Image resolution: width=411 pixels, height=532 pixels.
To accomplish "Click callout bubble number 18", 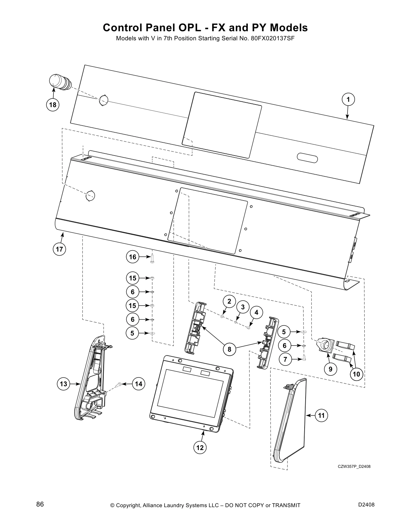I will tap(53, 105).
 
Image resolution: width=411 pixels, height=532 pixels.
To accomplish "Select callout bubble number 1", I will tap(348, 99).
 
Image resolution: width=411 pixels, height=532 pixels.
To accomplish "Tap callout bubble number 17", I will tap(59, 249).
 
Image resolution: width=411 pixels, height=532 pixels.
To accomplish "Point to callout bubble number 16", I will tap(133, 257).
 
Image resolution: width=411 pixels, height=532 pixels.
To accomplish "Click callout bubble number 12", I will tap(200, 447).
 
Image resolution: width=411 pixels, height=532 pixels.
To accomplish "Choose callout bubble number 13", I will tap(63, 384).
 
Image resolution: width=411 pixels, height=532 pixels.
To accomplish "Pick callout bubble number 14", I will tap(139, 384).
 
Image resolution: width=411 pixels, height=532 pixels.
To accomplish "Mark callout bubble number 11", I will tap(321, 416).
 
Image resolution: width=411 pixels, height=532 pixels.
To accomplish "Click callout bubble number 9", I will tap(330, 369).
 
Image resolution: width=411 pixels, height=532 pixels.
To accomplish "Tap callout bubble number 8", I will tap(230, 349).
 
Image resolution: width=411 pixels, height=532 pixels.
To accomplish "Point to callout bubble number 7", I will tap(285, 359).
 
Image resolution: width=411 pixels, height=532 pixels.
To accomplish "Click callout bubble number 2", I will tap(229, 301).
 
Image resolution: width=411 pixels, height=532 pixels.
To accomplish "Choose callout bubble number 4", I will tap(257, 312).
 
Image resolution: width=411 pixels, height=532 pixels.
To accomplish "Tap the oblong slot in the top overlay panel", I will tap(307, 158).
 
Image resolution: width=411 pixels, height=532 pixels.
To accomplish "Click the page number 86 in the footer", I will tap(40, 504).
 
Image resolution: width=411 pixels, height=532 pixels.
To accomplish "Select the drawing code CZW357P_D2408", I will tap(354, 466).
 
